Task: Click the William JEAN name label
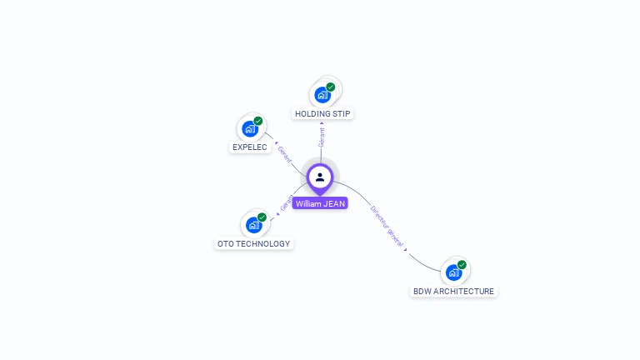pos(320,203)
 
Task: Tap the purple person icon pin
pos(320,177)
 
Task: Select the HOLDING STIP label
pos(322,113)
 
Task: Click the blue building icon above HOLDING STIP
pos(322,95)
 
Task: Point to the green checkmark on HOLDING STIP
pos(331,87)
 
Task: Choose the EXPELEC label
pos(250,147)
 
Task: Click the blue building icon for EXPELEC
pos(250,129)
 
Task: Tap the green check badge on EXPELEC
pos(258,121)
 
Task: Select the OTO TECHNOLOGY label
pos(253,244)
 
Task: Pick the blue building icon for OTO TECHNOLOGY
pos(253,225)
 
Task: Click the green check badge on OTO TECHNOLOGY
pos(262,217)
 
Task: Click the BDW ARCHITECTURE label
pos(453,292)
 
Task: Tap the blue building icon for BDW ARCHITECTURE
pos(453,272)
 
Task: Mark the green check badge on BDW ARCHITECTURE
pos(462,265)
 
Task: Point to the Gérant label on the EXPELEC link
pos(285,154)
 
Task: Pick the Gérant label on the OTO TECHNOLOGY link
pos(287,202)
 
